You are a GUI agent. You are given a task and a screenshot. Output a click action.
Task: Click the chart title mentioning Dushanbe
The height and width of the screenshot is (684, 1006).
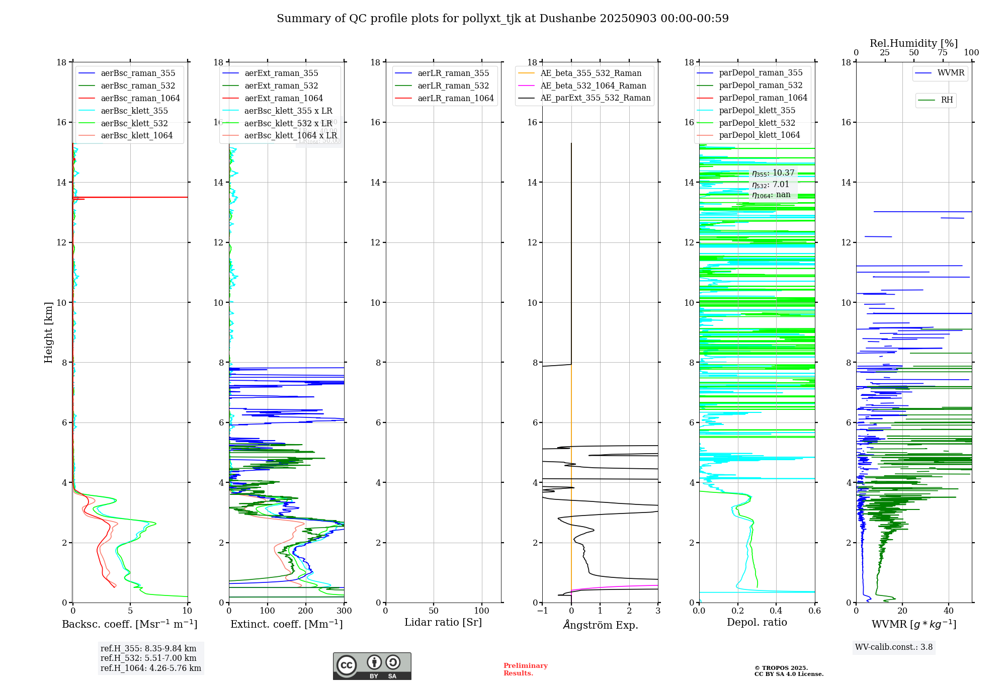pos(502,19)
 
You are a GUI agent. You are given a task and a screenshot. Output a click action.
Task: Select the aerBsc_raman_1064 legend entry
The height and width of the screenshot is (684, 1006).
pos(140,98)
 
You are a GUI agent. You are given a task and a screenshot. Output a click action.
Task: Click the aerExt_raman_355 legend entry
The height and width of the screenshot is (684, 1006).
pos(281,73)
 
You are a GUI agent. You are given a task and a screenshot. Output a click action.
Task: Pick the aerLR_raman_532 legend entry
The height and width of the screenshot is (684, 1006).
pos(453,85)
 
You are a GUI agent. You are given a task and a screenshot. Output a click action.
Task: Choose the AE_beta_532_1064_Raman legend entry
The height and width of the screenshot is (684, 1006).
pos(593,85)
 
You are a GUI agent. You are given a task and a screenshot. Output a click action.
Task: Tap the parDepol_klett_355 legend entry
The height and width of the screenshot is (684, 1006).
pos(757,110)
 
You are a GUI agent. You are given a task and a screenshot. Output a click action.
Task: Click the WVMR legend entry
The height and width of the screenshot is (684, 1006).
pos(950,73)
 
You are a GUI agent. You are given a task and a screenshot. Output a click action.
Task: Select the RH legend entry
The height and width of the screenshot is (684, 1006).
pos(947,100)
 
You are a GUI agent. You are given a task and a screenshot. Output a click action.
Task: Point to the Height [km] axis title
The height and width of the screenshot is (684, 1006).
pos(48,332)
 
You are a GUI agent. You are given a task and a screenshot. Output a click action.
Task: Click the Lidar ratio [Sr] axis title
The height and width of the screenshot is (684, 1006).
pos(443,622)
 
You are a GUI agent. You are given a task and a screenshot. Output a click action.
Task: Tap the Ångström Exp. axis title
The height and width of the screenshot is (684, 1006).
pos(600,625)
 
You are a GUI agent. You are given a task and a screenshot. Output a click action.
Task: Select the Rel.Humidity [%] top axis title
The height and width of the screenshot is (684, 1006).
pos(913,43)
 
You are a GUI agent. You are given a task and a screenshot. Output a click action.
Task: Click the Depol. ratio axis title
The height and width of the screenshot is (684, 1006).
pos(757,622)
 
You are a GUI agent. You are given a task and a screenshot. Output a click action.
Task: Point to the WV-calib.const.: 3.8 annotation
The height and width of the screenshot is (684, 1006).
pos(894,647)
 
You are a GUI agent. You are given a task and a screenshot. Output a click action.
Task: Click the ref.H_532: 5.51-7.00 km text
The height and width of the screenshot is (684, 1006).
pos(148,658)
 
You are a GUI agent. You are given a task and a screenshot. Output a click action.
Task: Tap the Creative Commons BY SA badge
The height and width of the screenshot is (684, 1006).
pos(372,666)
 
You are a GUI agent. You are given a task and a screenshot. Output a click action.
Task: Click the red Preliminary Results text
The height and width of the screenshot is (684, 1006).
pos(525,669)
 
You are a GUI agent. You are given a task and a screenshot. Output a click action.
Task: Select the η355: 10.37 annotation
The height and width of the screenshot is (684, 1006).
pos(773,173)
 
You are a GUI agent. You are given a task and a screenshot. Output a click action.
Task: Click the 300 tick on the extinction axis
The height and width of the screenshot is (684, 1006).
pos(344,611)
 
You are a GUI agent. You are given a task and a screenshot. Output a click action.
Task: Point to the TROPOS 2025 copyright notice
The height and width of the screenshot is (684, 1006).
pos(788,671)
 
